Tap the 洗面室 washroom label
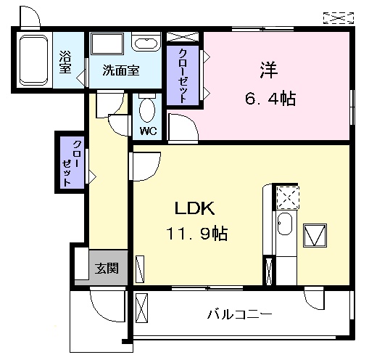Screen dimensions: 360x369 (x=121, y=71)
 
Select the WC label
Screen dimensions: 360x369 (x=149, y=131)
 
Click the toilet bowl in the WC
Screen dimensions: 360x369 (x=148, y=112)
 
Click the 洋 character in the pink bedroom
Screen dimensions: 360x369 (x=268, y=70)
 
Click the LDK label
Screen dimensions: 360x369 (x=193, y=208)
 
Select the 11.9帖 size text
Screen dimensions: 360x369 (x=193, y=234)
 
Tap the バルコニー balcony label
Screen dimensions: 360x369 (x=239, y=315)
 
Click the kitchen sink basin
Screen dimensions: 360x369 (x=285, y=226)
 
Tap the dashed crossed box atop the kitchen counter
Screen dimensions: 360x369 (x=287, y=196)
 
